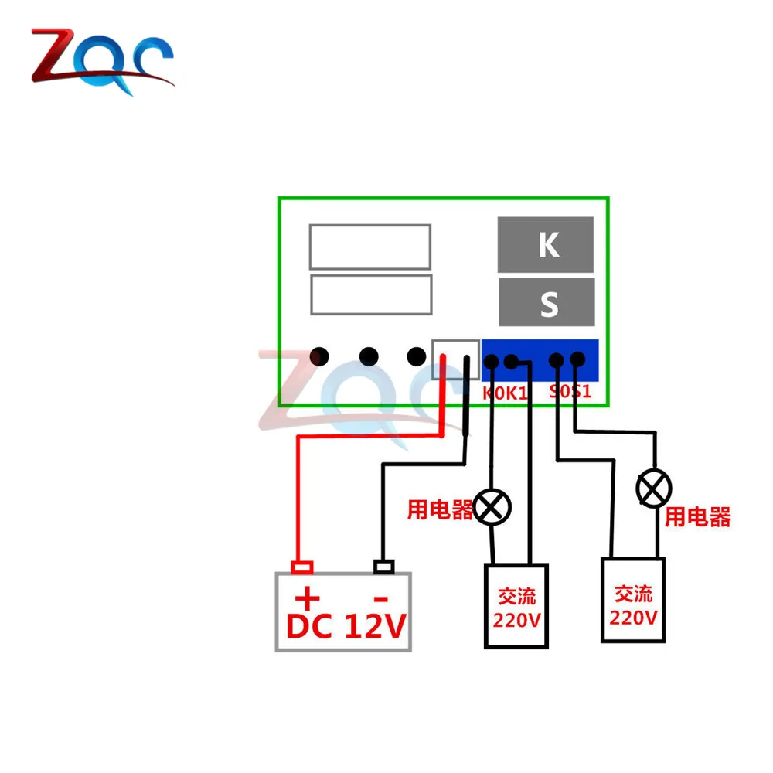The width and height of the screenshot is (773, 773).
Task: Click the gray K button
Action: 546,244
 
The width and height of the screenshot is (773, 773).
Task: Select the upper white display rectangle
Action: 369,247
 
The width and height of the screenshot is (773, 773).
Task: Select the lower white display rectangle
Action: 369,295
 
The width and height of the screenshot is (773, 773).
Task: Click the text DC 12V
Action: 346,627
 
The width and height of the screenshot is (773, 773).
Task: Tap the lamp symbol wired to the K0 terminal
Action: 492,507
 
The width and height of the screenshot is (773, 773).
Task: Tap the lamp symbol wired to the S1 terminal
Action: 654,487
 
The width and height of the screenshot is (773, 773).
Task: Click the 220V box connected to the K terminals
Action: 516,605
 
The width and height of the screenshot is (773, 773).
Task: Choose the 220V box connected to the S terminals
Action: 634,600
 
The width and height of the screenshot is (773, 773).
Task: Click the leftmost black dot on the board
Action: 319,356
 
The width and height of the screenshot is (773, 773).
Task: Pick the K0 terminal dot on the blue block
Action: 491,361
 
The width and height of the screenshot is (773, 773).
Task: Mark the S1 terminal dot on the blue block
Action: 576,359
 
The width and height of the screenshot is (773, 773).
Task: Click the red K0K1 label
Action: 506,393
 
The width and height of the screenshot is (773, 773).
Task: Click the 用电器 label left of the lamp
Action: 440,509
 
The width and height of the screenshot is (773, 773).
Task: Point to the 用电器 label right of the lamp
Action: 698,517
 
